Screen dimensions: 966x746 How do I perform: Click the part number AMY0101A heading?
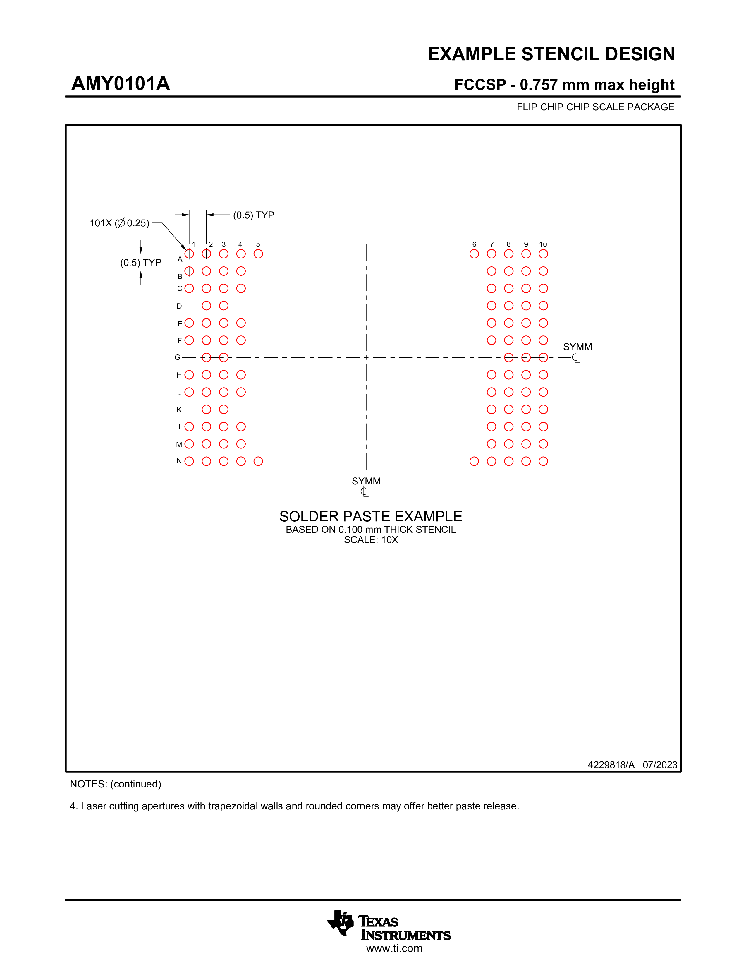pyautogui.click(x=121, y=84)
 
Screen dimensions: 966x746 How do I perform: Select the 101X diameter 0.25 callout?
pyautogui.click(x=119, y=223)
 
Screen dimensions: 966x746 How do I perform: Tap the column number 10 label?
pyautogui.click(x=543, y=244)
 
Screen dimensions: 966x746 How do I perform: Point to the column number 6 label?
pyautogui.click(x=474, y=244)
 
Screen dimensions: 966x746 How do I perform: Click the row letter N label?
pyautogui.click(x=179, y=461)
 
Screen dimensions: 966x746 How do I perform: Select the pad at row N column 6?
pyautogui.click(x=474, y=461)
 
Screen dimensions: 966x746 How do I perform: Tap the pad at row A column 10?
pyautogui.click(x=543, y=254)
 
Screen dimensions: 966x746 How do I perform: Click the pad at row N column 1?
pyautogui.click(x=189, y=461)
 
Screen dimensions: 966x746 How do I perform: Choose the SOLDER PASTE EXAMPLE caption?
pyautogui.click(x=370, y=516)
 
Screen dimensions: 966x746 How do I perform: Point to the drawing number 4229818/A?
pyautogui.click(x=611, y=765)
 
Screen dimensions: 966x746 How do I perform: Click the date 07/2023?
pyautogui.click(x=660, y=765)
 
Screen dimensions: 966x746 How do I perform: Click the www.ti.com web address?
pyautogui.click(x=394, y=948)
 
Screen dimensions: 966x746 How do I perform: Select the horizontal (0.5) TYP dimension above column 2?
pyautogui.click(x=253, y=215)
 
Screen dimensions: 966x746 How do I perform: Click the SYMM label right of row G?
pyautogui.click(x=577, y=347)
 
